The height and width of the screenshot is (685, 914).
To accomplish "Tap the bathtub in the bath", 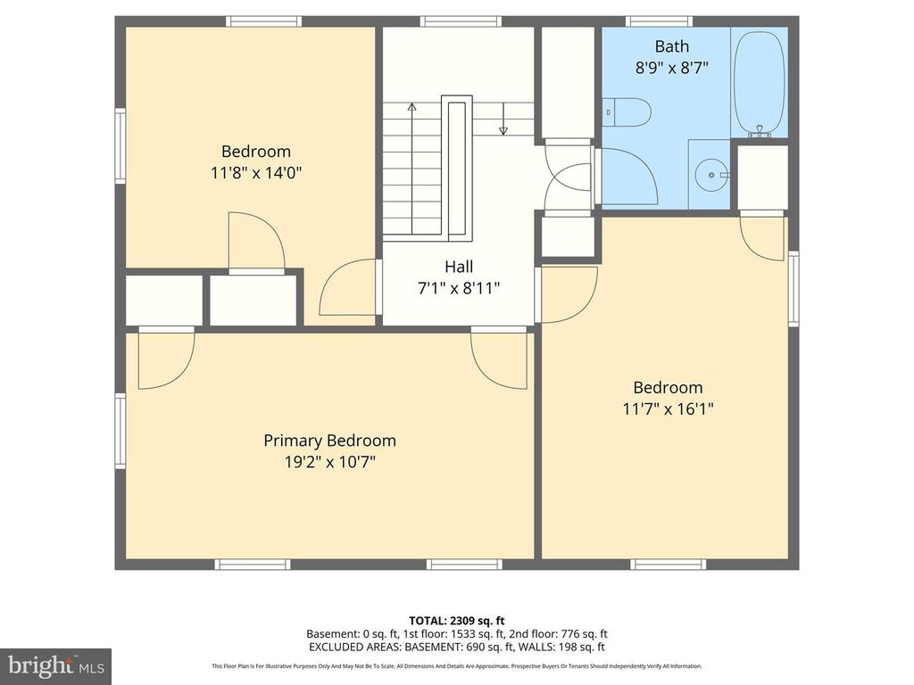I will (759, 82).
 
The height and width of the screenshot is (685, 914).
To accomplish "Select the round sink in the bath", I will (711, 175).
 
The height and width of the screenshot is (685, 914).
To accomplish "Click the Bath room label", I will (671, 46).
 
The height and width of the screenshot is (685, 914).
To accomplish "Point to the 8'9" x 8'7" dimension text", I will (671, 67).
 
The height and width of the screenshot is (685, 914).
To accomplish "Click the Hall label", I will (459, 266).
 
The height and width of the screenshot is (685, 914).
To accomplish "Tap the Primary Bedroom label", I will (329, 441).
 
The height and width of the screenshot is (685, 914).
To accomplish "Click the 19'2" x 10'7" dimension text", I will (329, 462).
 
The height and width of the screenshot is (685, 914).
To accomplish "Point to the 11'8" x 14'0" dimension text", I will (256, 173).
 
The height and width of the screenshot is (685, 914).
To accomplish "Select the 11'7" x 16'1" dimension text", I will (668, 409).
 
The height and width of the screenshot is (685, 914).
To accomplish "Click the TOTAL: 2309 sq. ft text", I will (457, 620).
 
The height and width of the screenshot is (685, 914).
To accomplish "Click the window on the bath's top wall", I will (659, 21).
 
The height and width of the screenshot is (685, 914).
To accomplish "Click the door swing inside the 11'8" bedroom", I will (257, 241).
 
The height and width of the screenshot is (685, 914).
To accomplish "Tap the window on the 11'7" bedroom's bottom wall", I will (668, 564).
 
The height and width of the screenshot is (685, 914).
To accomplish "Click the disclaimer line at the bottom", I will (457, 666).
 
